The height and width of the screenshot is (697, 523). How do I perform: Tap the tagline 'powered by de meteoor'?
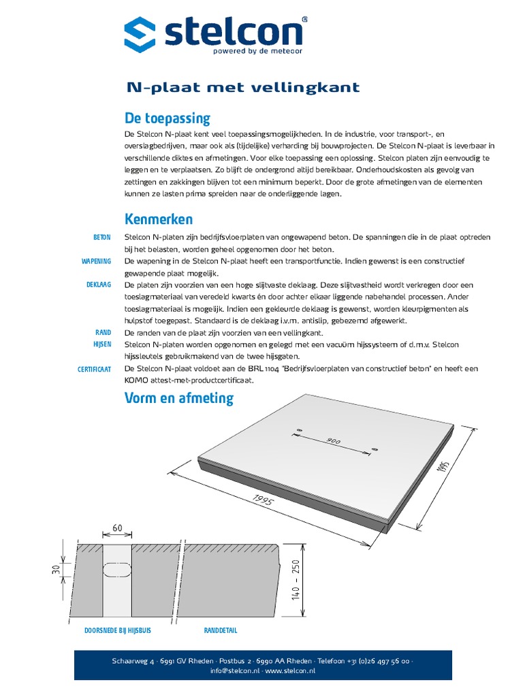pos(247,51)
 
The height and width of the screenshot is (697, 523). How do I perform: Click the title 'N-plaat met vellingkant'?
pos(243,88)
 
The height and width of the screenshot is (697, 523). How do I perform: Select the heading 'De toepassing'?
pos(167,118)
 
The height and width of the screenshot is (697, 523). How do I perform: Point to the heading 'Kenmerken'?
pos(159,219)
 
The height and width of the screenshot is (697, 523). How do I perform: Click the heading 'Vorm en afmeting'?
pos(178,398)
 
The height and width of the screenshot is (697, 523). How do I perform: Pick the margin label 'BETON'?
pos(101,238)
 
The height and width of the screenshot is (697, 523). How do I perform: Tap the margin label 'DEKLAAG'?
pos(99,285)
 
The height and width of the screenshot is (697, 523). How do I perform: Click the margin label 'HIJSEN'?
pos(101,344)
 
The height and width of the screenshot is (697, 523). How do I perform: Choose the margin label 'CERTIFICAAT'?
pos(95,369)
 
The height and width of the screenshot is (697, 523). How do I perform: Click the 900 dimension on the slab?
pos(333,441)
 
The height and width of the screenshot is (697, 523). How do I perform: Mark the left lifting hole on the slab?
pos(298,430)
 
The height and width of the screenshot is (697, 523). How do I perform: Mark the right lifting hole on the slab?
pos(375,449)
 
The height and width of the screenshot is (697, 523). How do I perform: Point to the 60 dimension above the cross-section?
pos(117,528)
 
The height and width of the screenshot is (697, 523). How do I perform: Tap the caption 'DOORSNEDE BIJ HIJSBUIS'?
pos(117,631)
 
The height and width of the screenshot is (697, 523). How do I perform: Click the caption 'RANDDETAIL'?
pos(221,631)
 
